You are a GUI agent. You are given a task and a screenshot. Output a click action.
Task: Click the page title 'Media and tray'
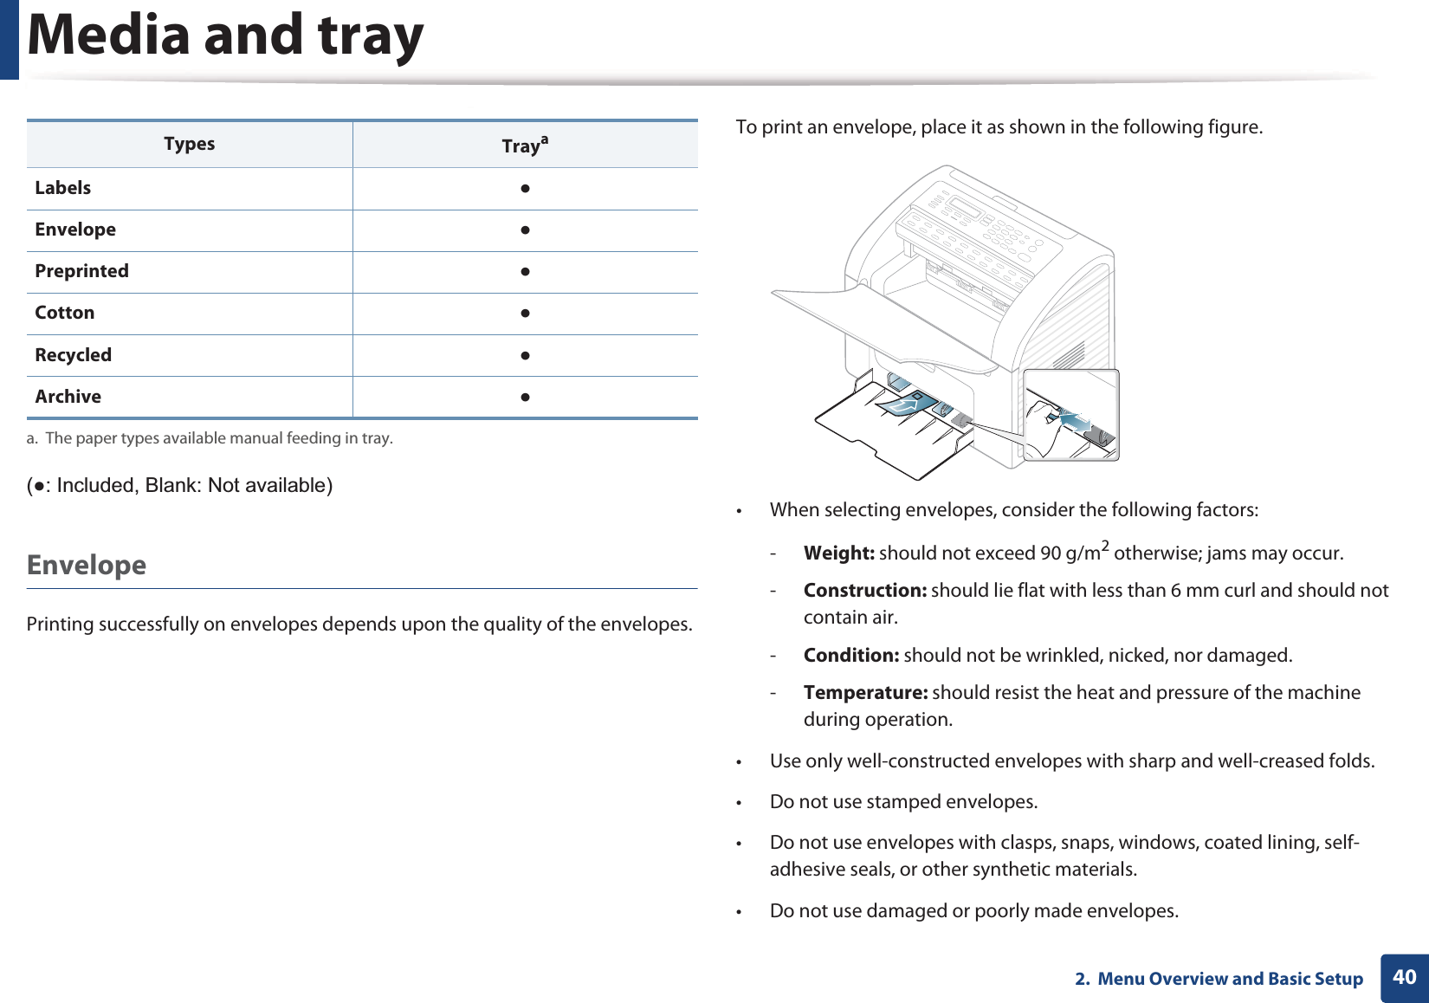click(225, 36)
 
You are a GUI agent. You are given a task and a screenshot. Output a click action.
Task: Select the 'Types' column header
click(189, 144)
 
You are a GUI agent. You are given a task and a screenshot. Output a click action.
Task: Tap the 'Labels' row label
click(62, 188)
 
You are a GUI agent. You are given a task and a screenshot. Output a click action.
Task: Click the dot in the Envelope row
click(525, 230)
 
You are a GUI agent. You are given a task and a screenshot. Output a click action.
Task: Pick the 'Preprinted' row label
click(81, 271)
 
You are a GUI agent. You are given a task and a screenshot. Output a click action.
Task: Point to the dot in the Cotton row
click(525, 314)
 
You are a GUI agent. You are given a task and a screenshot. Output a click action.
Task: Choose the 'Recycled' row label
click(73, 355)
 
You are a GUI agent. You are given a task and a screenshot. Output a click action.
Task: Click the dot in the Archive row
click(525, 398)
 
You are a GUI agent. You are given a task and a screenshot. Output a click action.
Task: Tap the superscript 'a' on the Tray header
click(544, 139)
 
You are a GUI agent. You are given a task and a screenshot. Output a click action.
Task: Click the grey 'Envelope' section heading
click(87, 565)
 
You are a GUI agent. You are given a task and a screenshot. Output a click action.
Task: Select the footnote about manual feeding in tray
click(210, 438)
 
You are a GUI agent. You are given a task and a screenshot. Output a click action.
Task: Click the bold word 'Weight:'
click(838, 553)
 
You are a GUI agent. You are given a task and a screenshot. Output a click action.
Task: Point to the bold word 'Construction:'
click(864, 591)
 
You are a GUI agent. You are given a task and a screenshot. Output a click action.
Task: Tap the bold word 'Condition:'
click(850, 656)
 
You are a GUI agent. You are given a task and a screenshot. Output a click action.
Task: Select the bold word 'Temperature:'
click(865, 693)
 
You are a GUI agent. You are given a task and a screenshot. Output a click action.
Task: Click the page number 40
click(1404, 977)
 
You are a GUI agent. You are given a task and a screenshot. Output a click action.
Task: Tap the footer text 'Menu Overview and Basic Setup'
click(1230, 979)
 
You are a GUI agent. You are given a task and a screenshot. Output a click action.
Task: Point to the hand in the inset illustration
click(1043, 424)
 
